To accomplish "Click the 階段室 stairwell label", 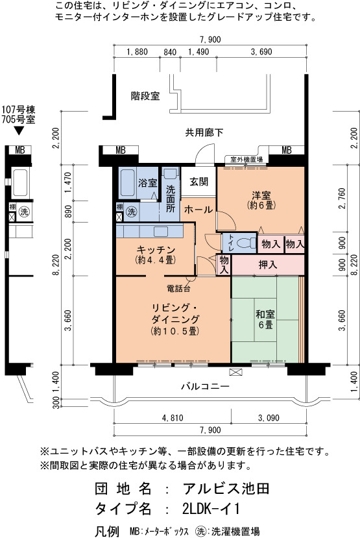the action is (145, 96).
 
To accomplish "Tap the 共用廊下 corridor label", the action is (204, 132).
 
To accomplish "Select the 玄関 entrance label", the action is (199, 182).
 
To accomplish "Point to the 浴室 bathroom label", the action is (148, 183).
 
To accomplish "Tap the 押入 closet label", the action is (268, 265).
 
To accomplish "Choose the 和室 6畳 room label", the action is (265, 319).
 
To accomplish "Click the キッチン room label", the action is (156, 254).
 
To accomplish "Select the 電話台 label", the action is (178, 289).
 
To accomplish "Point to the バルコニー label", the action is (205, 387).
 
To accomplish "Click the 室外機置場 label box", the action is (246, 160).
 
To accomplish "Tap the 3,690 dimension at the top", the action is (261, 52).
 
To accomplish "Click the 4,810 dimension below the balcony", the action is (173, 418).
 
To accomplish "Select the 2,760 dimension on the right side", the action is (342, 199).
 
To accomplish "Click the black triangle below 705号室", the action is (19, 131).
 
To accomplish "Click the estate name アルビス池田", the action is (226, 489).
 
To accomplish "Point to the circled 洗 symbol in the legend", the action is (200, 531).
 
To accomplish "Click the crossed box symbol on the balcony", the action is (236, 372).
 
